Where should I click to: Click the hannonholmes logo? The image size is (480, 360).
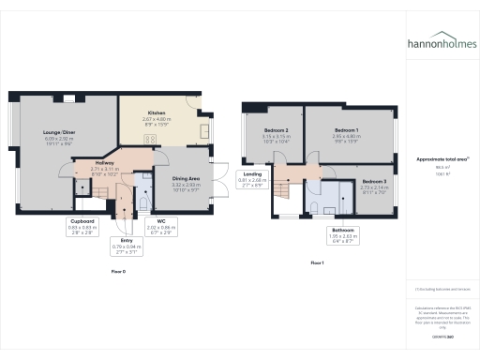(442, 43)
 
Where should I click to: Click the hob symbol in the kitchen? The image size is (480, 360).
(148, 140)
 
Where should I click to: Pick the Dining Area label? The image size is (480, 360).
(186, 181)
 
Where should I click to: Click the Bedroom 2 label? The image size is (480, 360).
(275, 132)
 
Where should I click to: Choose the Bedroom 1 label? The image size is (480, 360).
(347, 132)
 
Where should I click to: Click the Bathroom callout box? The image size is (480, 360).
(342, 233)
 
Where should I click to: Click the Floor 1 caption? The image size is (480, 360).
(317, 263)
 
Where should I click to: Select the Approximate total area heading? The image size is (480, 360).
(442, 160)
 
